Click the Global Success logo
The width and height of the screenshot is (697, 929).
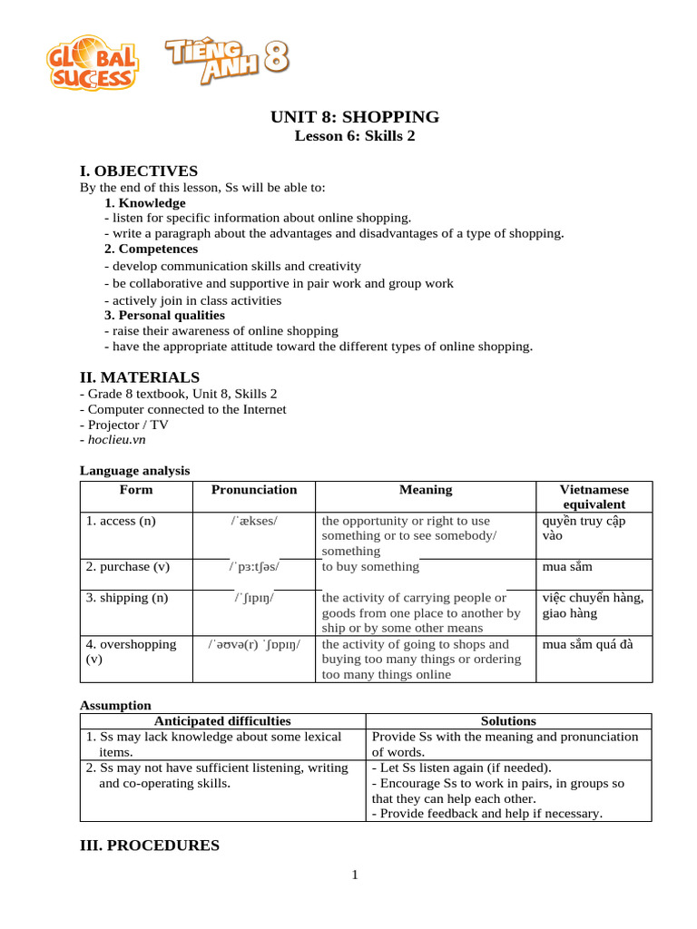(93, 63)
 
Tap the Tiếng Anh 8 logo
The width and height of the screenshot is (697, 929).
(226, 59)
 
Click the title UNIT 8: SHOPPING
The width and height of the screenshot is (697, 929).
(355, 117)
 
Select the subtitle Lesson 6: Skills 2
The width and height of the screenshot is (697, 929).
(355, 136)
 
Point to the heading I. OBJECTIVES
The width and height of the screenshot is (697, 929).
(138, 171)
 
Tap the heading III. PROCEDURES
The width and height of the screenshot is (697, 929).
(150, 846)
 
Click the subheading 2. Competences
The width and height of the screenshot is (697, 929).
(151, 249)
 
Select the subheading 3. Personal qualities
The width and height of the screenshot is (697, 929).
(164, 315)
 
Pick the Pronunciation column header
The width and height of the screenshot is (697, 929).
(254, 490)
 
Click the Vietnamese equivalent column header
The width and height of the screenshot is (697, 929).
(594, 497)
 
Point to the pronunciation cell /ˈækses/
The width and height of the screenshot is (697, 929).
(254, 521)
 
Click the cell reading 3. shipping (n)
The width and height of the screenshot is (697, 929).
(126, 598)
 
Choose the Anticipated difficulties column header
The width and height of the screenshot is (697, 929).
(222, 721)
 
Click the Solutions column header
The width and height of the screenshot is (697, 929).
(508, 721)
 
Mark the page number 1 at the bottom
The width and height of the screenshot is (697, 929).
(355, 875)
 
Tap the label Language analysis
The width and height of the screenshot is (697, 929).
(134, 470)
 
